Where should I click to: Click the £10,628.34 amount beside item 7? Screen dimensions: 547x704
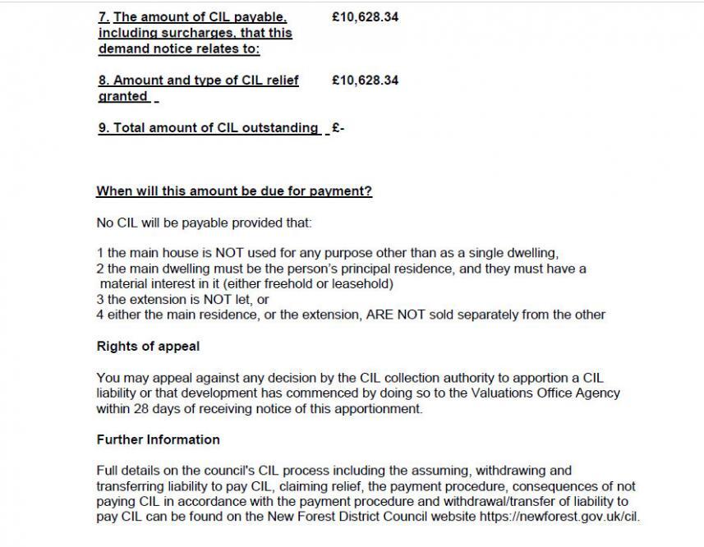click(x=365, y=16)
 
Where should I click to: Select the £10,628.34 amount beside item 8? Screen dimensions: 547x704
click(x=365, y=80)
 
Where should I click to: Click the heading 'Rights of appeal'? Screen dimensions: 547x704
click(x=148, y=347)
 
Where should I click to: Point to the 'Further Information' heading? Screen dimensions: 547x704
click(x=158, y=439)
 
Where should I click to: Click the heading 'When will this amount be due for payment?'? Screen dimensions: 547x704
click(x=234, y=191)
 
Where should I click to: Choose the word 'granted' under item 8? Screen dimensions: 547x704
click(x=122, y=96)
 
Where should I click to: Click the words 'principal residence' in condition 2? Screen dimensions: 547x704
click(x=374, y=269)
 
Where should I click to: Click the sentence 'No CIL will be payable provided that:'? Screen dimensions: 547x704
click(x=204, y=223)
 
